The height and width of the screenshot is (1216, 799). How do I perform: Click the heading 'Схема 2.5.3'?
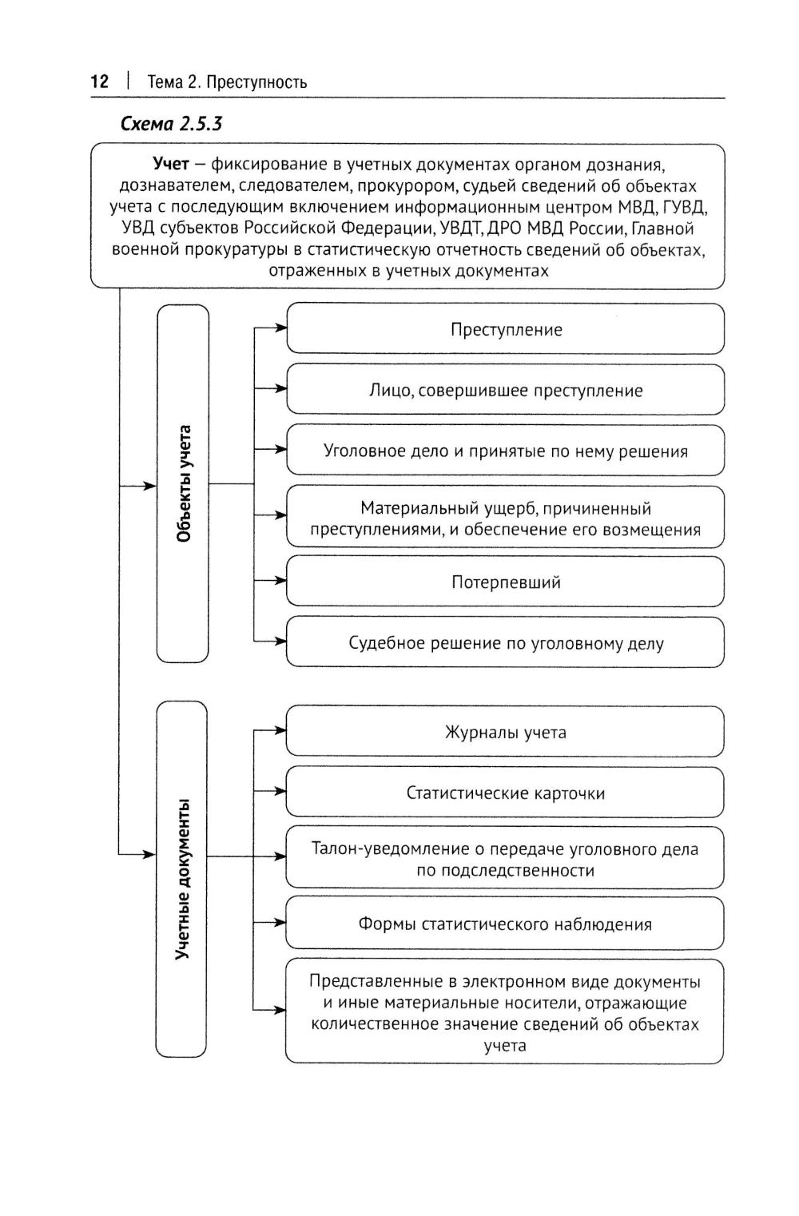click(171, 124)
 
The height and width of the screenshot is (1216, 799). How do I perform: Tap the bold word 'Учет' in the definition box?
click(170, 165)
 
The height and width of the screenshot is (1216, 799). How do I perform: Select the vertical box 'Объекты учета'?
click(183, 483)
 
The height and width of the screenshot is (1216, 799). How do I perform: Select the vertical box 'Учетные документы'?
click(182, 879)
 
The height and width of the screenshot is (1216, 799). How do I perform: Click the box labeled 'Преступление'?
click(505, 329)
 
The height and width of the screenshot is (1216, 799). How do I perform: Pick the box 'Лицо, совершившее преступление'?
click(505, 390)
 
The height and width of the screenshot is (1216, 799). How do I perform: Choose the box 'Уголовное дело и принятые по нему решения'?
click(505, 451)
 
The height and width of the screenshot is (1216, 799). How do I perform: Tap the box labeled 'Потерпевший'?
click(505, 582)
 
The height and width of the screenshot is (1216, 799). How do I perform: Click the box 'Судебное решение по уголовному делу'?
click(505, 642)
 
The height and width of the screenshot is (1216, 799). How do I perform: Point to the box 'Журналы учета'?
click(505, 732)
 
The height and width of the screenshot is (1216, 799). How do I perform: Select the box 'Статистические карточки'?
click(505, 793)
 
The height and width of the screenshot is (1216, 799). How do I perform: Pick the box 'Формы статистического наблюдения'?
click(505, 924)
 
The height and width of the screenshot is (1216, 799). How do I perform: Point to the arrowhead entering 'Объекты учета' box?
click(149, 485)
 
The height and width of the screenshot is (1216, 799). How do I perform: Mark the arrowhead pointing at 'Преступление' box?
click(280, 328)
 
